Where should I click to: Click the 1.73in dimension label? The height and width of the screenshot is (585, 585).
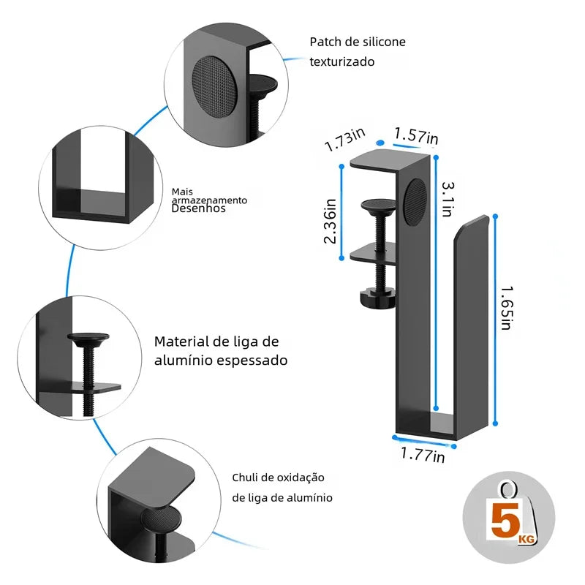pyautogui.click(x=345, y=139)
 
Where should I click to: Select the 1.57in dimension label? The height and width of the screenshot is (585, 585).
pyautogui.click(x=416, y=136)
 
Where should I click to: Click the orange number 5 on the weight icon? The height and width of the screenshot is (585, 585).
pyautogui.click(x=505, y=521)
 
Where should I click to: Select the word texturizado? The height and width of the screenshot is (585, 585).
pyautogui.click(x=342, y=61)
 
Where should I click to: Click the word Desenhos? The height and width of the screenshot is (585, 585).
pyautogui.click(x=199, y=208)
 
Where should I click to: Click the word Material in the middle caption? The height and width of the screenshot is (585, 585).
pyautogui.click(x=181, y=341)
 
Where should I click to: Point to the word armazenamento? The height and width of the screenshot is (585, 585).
pyautogui.click(x=210, y=200)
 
